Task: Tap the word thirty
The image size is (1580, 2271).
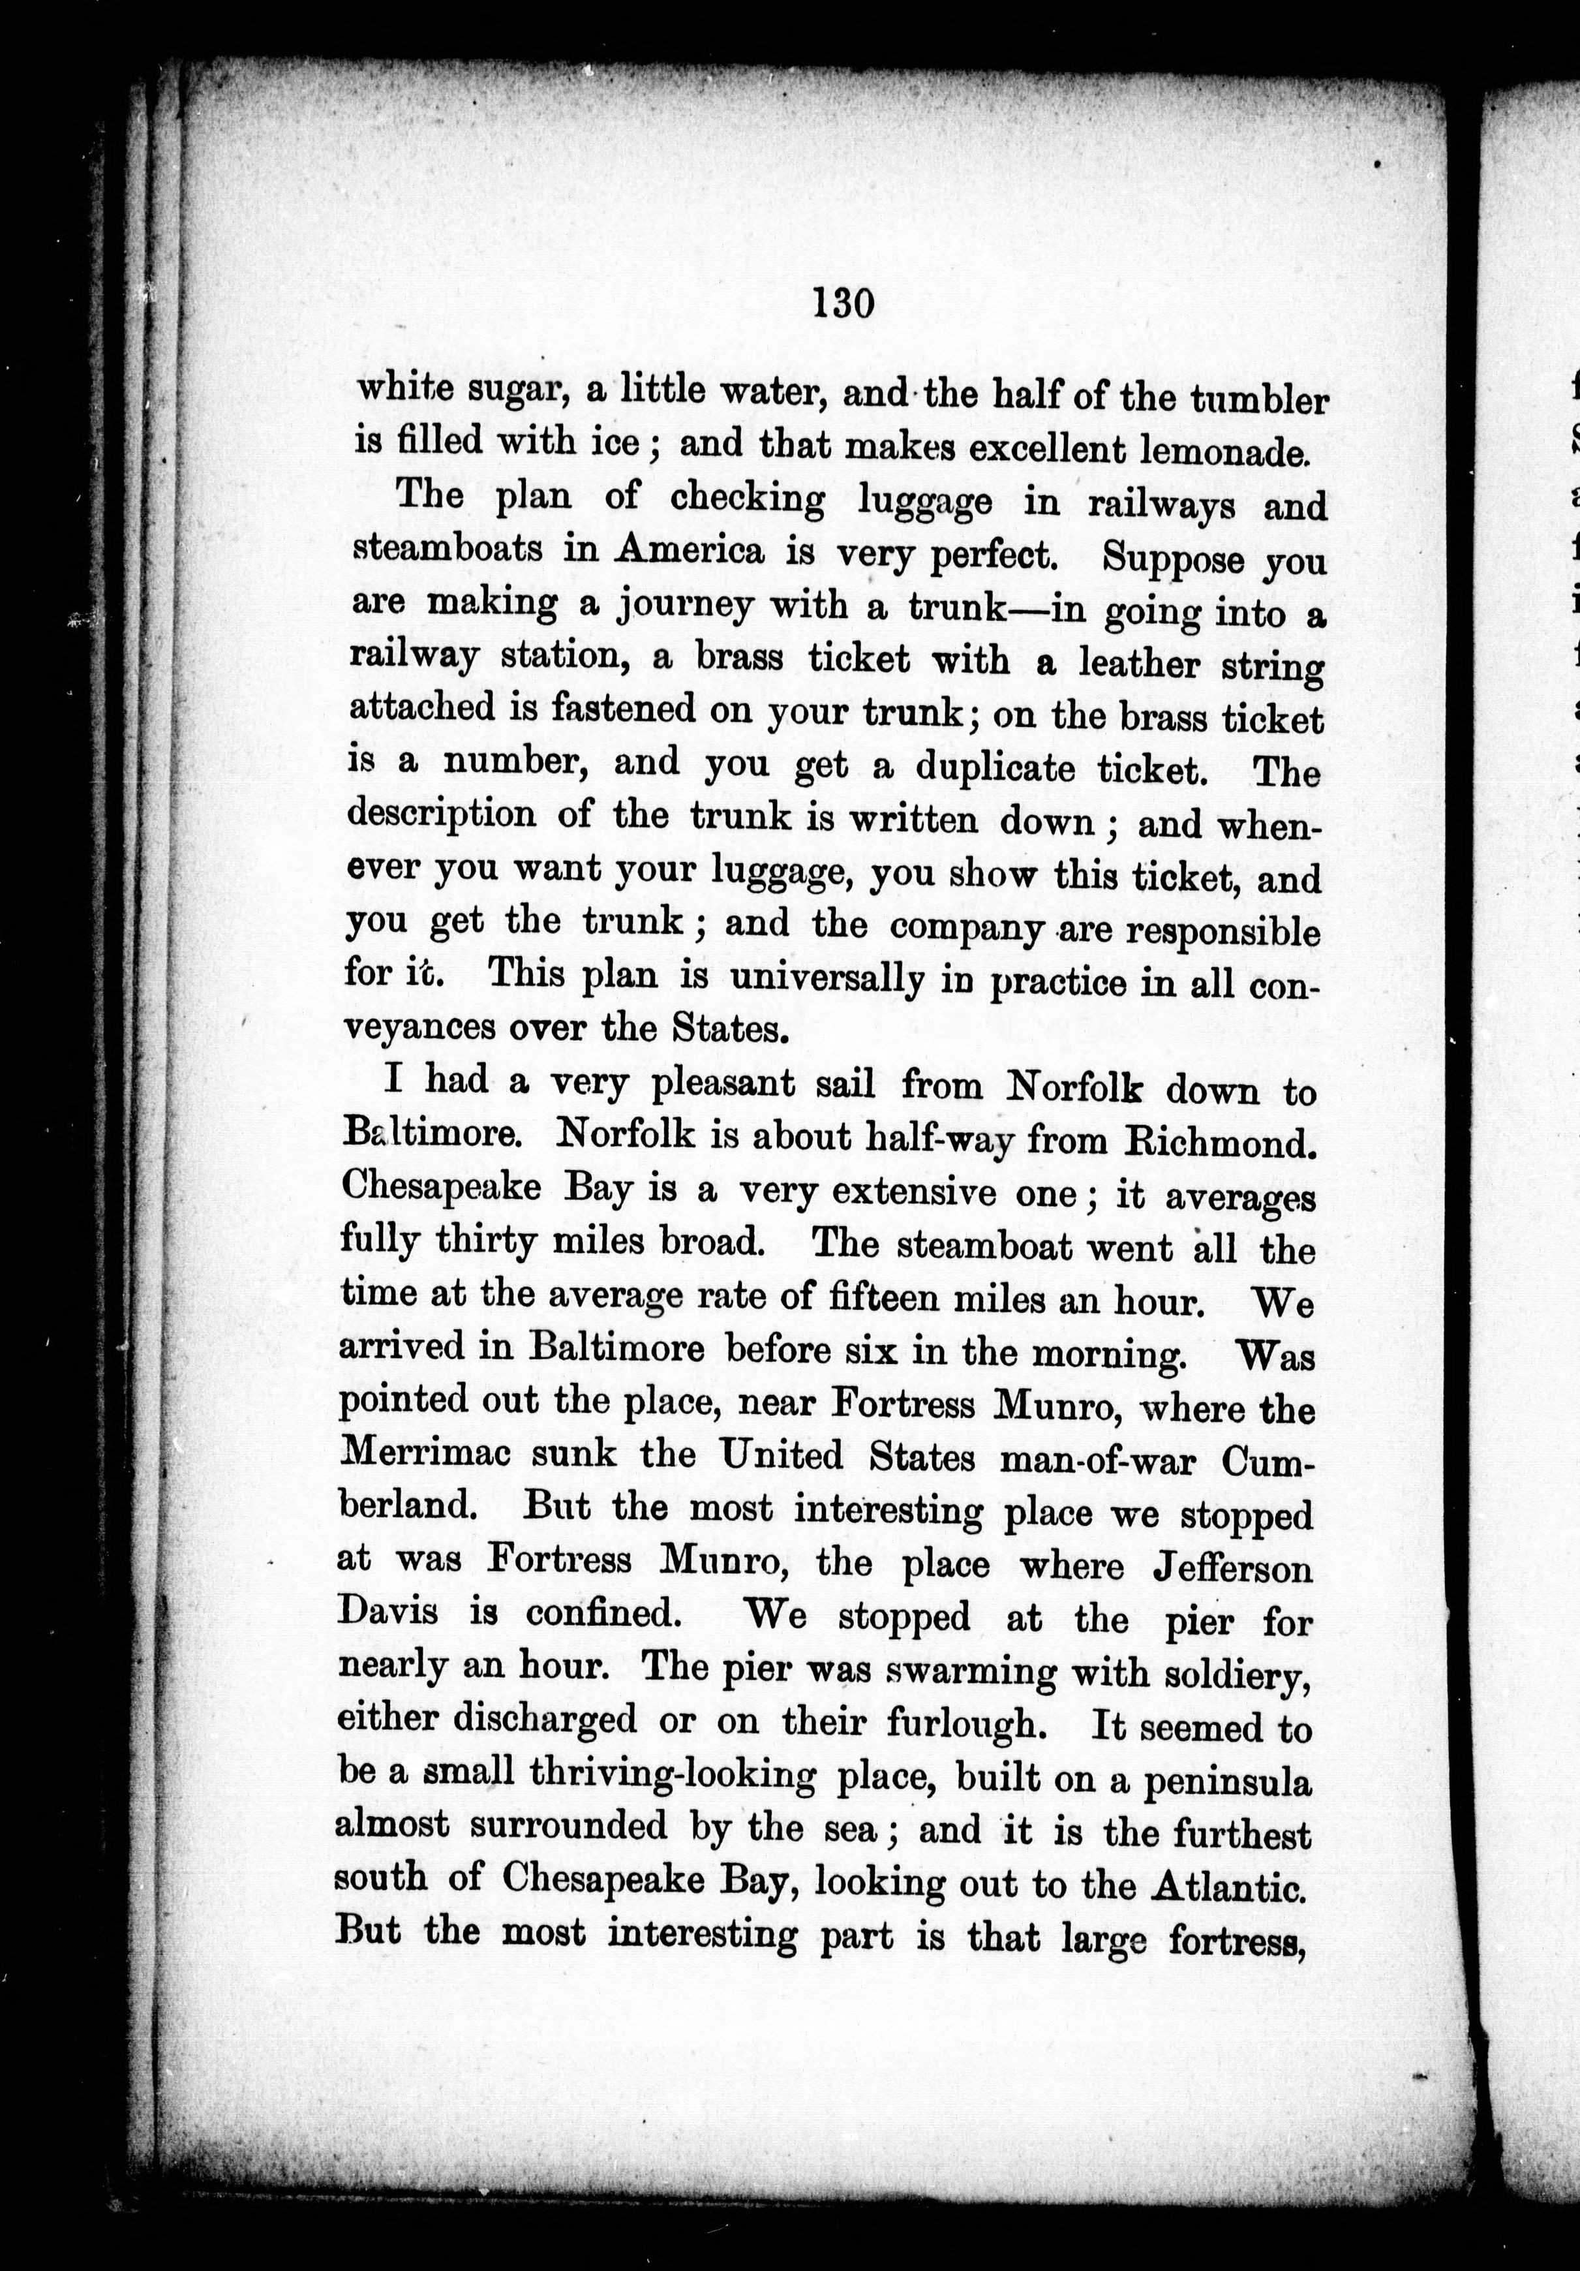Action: tap(485, 1241)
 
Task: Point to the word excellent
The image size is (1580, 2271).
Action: tap(1046, 450)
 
